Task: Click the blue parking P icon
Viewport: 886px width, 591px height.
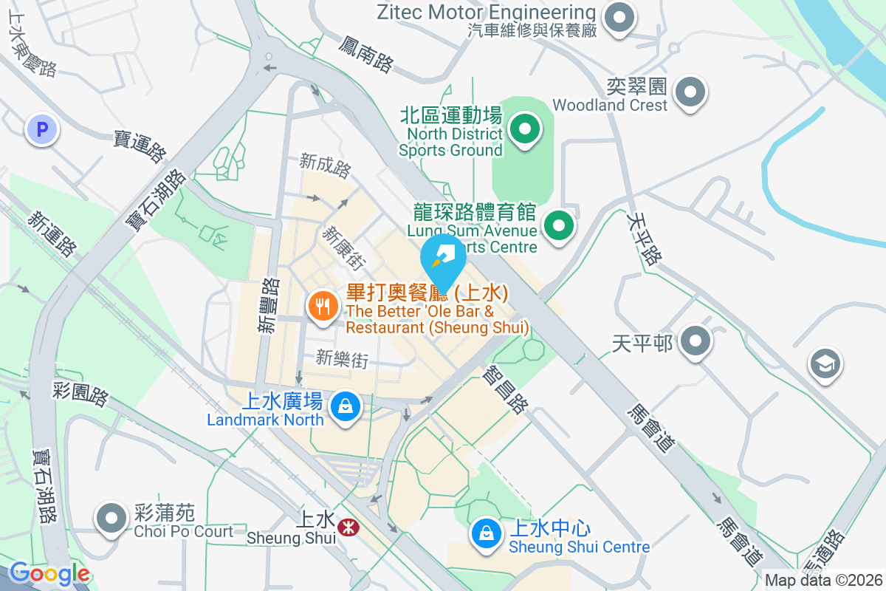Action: coord(42,131)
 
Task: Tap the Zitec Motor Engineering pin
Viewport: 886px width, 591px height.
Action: coord(619,18)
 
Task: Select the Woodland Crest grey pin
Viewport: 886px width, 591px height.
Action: coord(690,93)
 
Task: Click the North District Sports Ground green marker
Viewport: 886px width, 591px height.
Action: coord(525,131)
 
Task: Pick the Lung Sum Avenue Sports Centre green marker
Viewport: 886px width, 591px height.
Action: coord(559,225)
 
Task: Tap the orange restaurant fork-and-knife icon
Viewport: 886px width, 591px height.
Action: coord(323,304)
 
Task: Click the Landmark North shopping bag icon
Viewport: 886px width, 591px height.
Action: coord(344,406)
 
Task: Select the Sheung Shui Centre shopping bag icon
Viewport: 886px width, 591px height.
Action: coord(487,533)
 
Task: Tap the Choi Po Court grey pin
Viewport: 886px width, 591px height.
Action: coord(112,519)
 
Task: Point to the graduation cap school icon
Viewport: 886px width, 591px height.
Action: coord(825,363)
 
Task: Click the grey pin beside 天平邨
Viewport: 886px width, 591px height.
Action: coord(695,341)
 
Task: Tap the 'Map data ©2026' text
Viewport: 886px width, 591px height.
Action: coord(823,581)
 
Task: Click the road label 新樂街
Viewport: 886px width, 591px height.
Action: coord(342,359)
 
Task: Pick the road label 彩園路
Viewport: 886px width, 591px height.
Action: coord(80,393)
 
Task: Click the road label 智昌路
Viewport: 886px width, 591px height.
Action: coord(506,391)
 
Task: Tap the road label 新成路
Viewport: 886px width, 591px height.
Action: coord(325,165)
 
